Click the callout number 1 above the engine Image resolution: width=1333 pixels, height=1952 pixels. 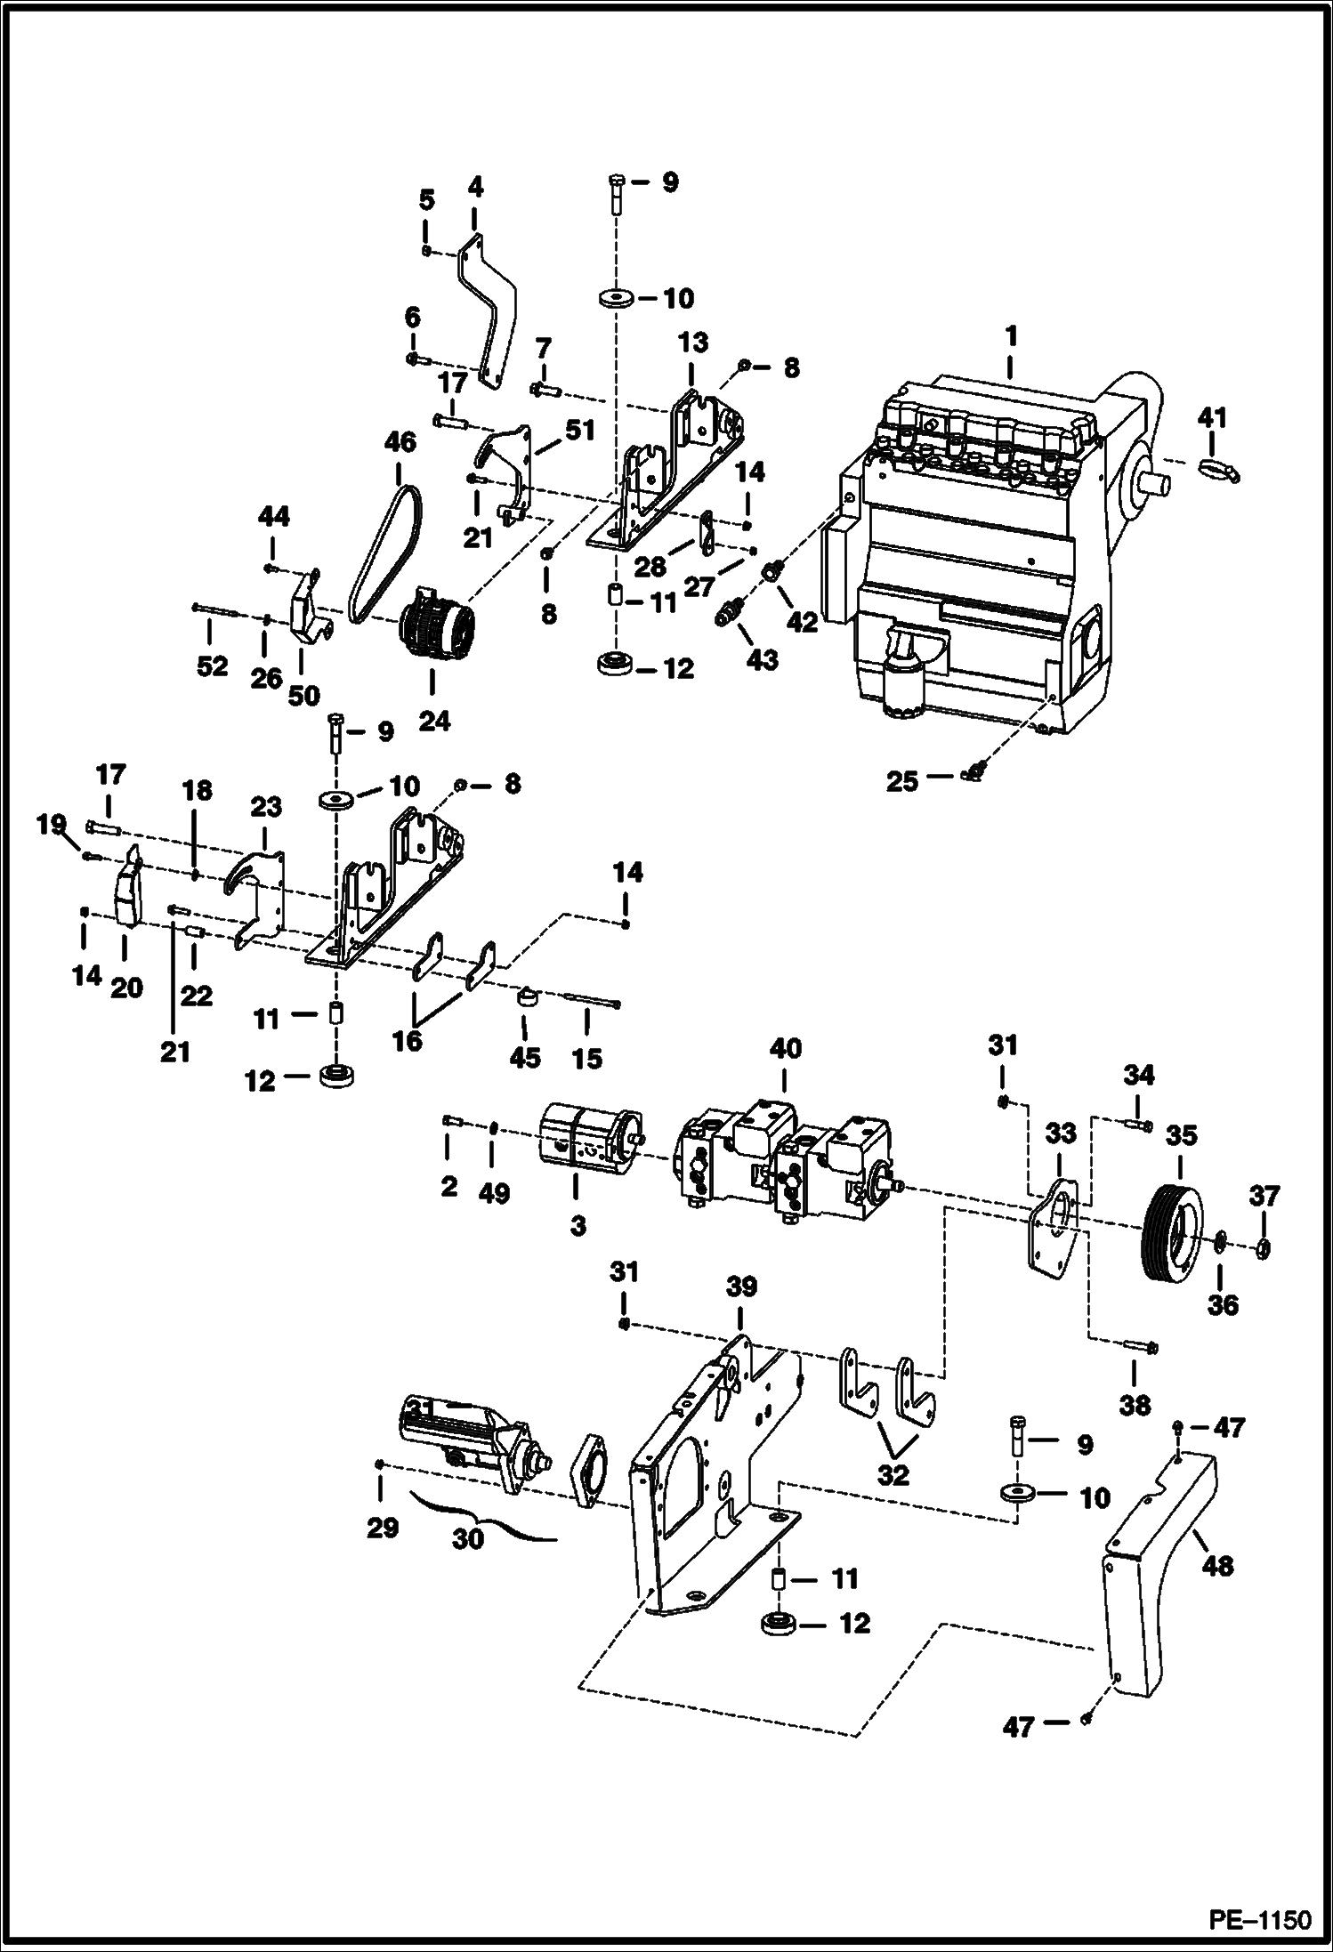[x=1011, y=338]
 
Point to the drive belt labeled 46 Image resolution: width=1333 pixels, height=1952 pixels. [x=384, y=543]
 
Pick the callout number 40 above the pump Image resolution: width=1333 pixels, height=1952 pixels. [x=784, y=1049]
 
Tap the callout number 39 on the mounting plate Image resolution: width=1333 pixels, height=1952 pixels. [x=742, y=1287]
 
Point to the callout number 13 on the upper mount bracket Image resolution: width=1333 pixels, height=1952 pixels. [x=693, y=343]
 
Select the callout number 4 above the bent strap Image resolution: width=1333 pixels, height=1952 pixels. [x=474, y=188]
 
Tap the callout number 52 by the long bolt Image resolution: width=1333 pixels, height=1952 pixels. [x=212, y=666]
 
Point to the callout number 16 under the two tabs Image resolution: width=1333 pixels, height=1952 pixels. [x=408, y=1041]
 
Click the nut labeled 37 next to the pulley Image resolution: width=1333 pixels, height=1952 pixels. [x=1263, y=1249]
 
